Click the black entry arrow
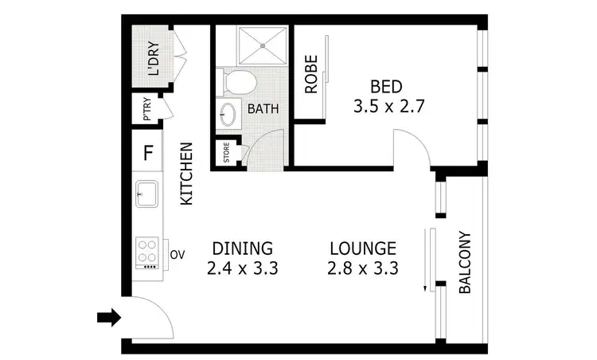[108, 319]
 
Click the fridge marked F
[147, 153]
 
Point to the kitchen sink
[147, 194]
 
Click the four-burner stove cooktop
[147, 252]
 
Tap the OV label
[178, 255]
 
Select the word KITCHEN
[187, 174]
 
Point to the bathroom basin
[228, 114]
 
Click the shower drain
[263, 45]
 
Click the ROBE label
[311, 73]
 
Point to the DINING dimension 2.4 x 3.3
[241, 268]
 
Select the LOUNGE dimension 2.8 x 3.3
[362, 268]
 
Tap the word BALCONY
[466, 264]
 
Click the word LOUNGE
[362, 247]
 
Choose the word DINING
[241, 247]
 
